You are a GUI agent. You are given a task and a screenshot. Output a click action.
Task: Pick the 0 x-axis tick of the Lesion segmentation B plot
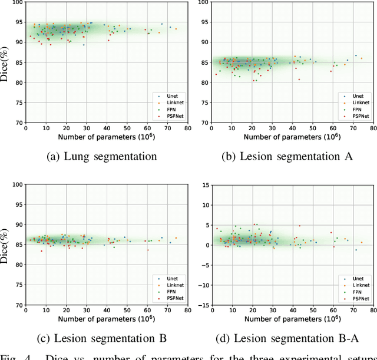25,311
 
